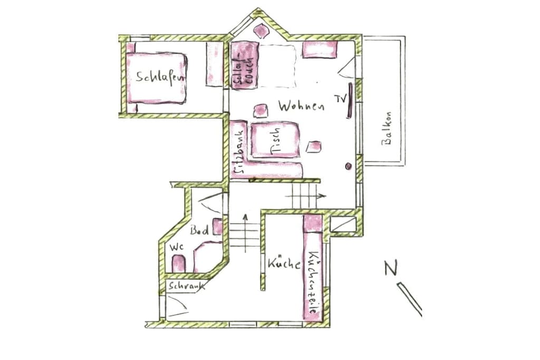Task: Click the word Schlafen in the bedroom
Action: [161, 77]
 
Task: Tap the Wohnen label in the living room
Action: [301, 105]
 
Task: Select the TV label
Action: [340, 99]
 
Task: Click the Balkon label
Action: [387, 128]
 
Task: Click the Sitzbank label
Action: [238, 152]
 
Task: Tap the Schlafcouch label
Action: [244, 65]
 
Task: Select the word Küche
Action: [284, 264]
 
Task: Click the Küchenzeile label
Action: [313, 282]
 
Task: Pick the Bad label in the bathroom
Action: [199, 230]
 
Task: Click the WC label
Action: [176, 247]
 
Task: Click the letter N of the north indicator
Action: [391, 268]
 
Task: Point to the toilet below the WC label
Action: [178, 264]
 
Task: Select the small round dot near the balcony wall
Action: [348, 166]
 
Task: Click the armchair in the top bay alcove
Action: [261, 31]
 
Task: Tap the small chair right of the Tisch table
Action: [314, 147]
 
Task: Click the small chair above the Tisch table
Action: [261, 111]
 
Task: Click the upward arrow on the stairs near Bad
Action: [245, 232]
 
